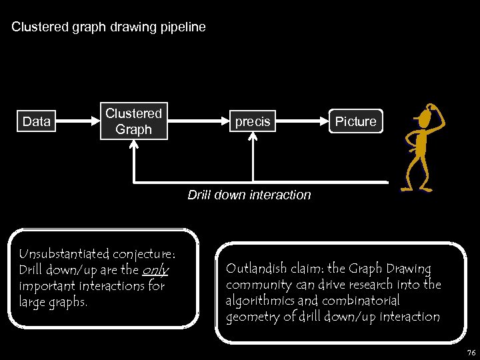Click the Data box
pyautogui.click(x=37, y=121)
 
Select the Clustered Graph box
pyautogui.click(x=133, y=121)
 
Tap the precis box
pyautogui.click(x=253, y=121)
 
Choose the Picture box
pyautogui.click(x=355, y=121)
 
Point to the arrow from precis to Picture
pyautogui.click(x=303, y=121)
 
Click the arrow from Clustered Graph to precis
pyautogui.click(x=196, y=121)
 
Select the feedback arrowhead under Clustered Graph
pyautogui.click(x=134, y=146)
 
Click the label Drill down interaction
pyautogui.click(x=249, y=195)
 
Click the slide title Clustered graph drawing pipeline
pyautogui.click(x=109, y=27)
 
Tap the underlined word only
pyautogui.click(x=155, y=270)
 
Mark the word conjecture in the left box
pyautogui.click(x=143, y=254)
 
